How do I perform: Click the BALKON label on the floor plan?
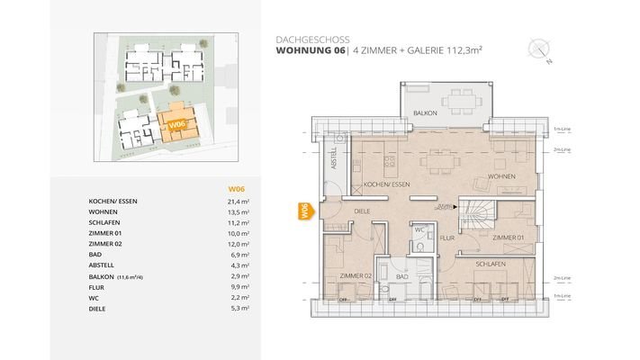[426, 113]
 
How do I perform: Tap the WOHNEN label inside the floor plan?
[501, 176]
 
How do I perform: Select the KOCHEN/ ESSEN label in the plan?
[387, 184]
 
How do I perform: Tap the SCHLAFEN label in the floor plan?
[489, 263]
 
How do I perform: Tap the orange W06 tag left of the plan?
[303, 212]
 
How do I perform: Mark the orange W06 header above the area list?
[236, 188]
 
